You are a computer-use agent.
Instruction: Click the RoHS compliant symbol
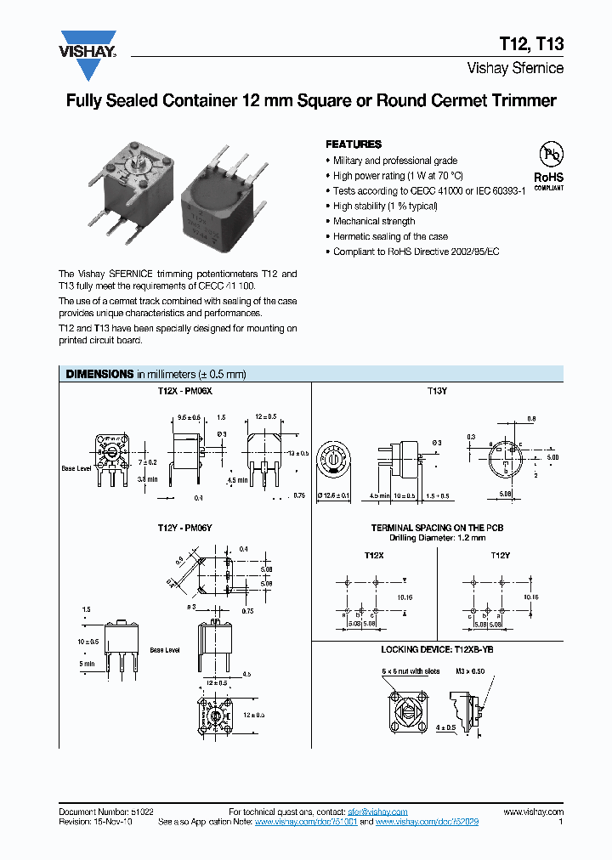[549, 165]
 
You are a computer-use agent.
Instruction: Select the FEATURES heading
[354, 144]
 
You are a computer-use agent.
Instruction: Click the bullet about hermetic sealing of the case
[390, 237]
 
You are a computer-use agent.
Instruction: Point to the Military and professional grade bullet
[395, 161]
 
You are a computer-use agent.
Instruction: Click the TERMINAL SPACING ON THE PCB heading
[437, 528]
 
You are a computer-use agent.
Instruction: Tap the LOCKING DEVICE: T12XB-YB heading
[437, 649]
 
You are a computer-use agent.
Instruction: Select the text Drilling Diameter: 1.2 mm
[437, 538]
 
